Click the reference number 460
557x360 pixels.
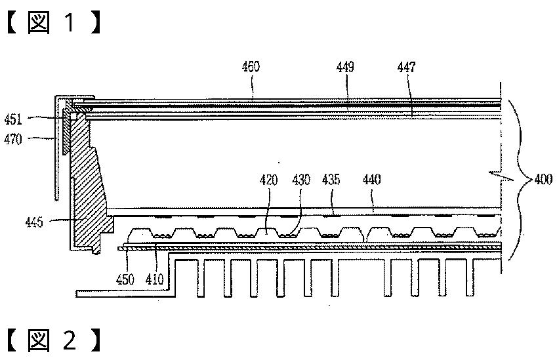click(x=251, y=67)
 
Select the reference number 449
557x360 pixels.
click(x=346, y=67)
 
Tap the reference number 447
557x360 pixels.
click(x=406, y=67)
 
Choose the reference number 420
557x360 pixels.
click(x=268, y=179)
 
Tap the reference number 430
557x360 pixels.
click(x=301, y=179)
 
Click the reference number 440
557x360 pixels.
click(x=371, y=179)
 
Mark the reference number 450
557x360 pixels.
click(x=125, y=279)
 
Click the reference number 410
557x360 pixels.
click(x=155, y=279)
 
